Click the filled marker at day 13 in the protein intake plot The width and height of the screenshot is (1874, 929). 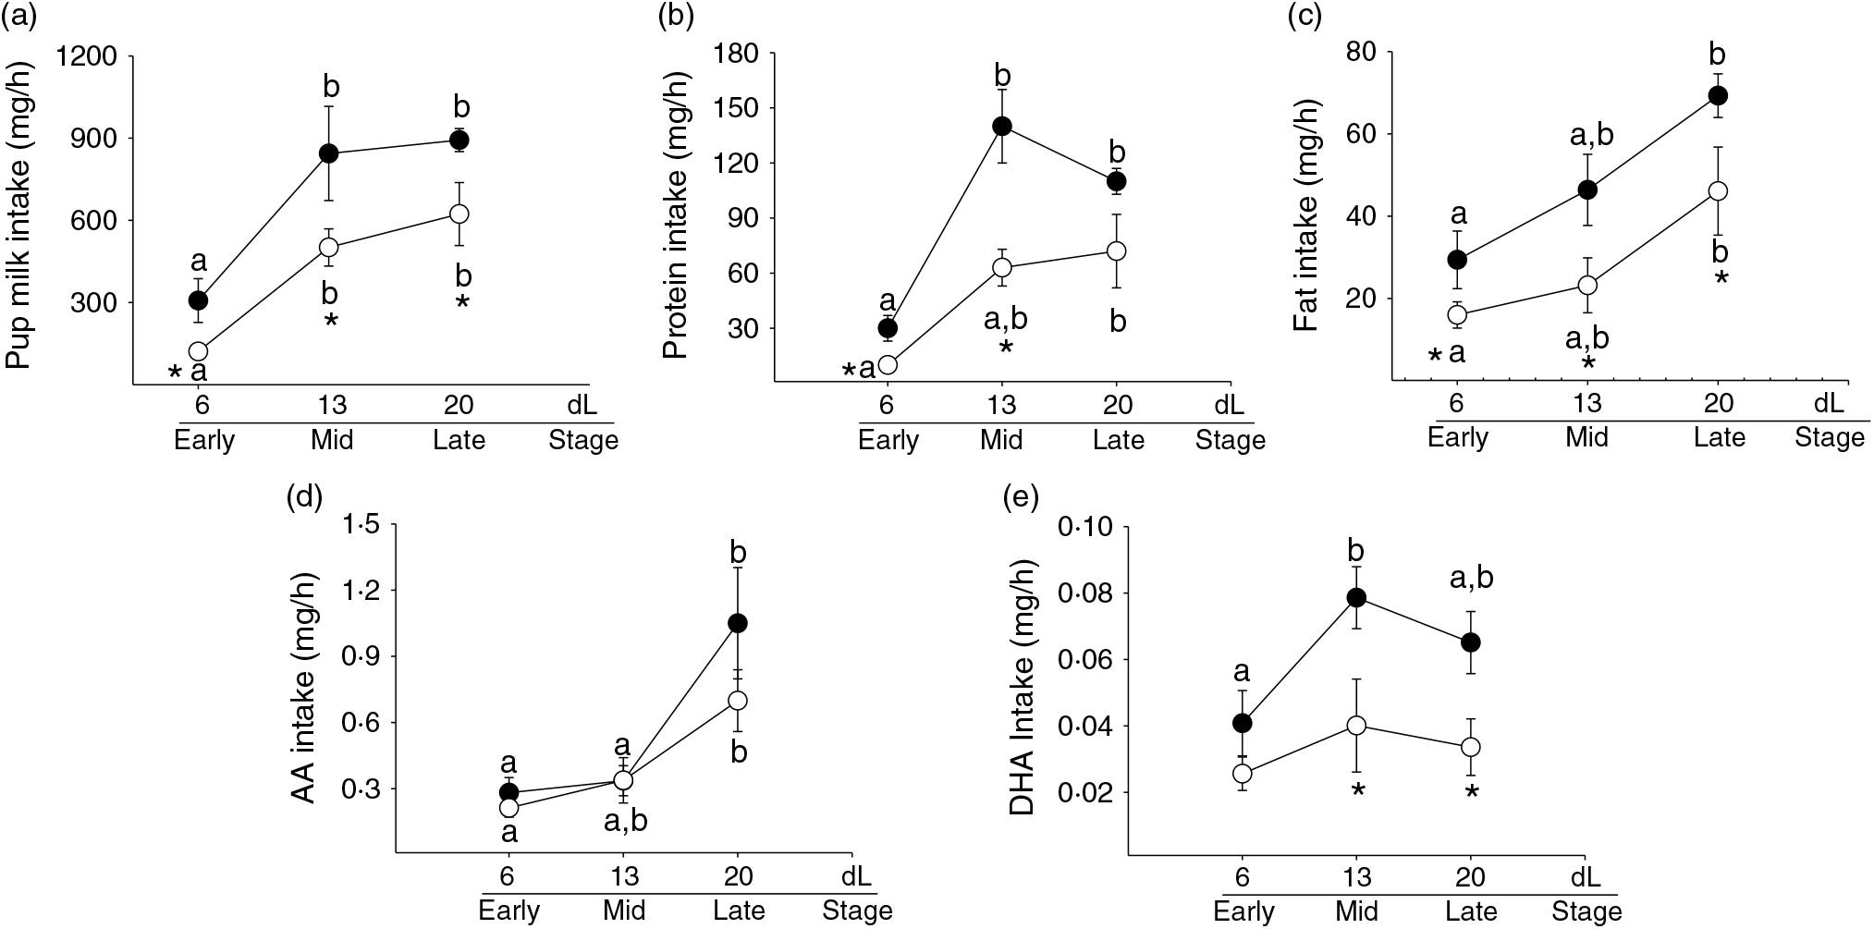click(x=1002, y=126)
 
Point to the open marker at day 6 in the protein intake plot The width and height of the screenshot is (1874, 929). click(x=888, y=364)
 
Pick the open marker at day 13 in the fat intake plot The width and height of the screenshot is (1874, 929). click(x=1587, y=285)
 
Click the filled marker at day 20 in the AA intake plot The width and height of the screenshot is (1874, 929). click(x=738, y=623)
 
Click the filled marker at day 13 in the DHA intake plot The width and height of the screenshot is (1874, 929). click(x=1356, y=597)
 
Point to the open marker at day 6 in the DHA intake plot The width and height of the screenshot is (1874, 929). click(x=1243, y=772)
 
